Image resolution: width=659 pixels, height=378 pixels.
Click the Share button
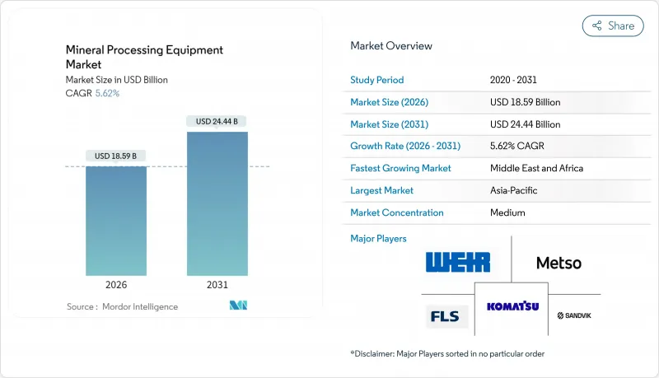click(x=613, y=26)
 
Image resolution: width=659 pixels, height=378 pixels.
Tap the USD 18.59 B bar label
click(x=116, y=156)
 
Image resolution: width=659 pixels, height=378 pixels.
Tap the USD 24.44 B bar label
click(x=217, y=121)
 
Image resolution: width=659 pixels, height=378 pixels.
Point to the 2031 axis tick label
click(x=217, y=285)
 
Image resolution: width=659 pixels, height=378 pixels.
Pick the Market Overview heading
click(x=391, y=45)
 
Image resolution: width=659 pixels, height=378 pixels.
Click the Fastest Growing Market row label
click(x=400, y=168)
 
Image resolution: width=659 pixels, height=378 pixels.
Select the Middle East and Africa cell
click(x=536, y=168)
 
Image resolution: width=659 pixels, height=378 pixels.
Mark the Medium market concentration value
click(x=507, y=212)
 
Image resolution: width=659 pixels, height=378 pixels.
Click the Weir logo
click(x=458, y=263)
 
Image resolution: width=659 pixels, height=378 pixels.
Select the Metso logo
click(x=559, y=264)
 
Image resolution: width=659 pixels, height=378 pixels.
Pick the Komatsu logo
click(x=512, y=306)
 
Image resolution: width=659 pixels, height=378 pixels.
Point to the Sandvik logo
click(x=574, y=315)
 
